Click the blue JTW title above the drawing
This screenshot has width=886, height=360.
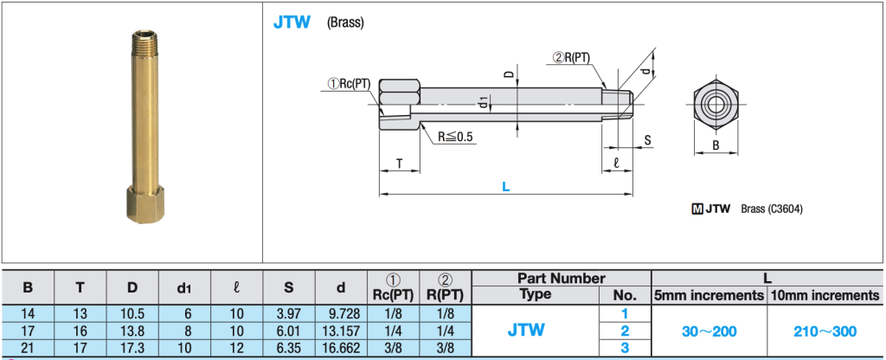point(292,22)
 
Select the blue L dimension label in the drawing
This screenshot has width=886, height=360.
point(505,185)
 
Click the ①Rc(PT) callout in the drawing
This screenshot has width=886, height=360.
point(349,84)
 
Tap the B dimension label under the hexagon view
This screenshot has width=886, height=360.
point(716,146)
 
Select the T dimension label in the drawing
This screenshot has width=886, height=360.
point(399,163)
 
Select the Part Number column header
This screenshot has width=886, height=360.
point(562,279)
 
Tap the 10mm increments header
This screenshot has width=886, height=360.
point(825,295)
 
